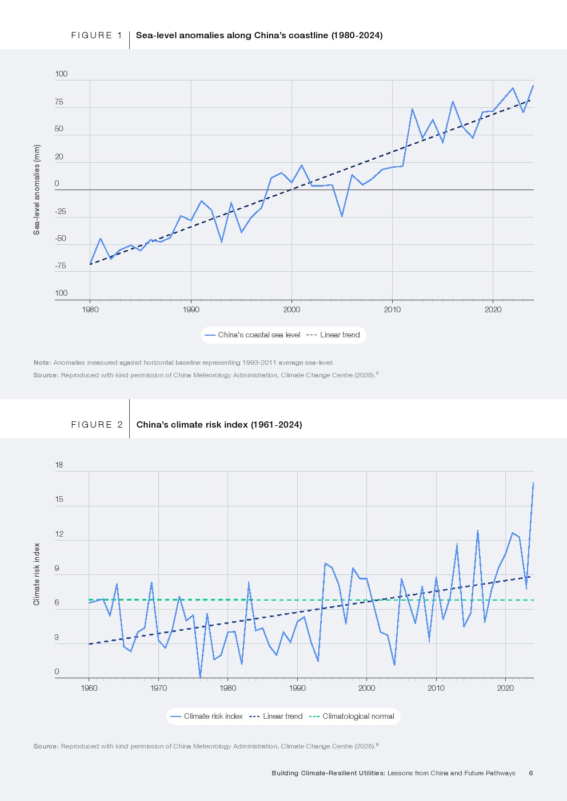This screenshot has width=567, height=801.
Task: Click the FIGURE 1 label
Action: click(97, 35)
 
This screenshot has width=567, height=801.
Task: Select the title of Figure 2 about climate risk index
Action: click(219, 425)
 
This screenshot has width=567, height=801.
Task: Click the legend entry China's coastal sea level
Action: click(258, 335)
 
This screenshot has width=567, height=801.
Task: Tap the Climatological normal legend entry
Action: click(358, 717)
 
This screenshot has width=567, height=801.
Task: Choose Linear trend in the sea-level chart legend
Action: click(340, 335)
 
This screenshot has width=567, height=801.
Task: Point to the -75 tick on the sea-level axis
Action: click(60, 266)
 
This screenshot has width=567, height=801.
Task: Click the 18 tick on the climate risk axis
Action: click(59, 465)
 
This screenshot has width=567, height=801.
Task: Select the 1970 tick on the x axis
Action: click(158, 688)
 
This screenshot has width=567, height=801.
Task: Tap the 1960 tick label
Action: click(89, 688)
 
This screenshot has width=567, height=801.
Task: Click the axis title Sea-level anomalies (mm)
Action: click(37, 190)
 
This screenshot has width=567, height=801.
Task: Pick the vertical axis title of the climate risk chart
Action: click(37, 574)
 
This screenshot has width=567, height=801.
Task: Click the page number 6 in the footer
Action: click(531, 773)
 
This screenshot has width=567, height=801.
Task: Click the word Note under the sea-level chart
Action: click(42, 363)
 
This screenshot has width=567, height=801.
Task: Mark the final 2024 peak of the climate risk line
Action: click(533, 483)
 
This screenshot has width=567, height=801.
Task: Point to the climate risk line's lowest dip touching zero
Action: click(200, 677)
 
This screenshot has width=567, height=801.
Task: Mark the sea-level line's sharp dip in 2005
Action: click(342, 216)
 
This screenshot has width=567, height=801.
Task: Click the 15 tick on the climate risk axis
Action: click(59, 500)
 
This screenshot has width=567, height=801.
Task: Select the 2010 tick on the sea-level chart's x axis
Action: click(392, 309)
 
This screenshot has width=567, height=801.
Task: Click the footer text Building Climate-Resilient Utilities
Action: click(328, 773)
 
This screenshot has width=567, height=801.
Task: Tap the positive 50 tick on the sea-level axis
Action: click(59, 129)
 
